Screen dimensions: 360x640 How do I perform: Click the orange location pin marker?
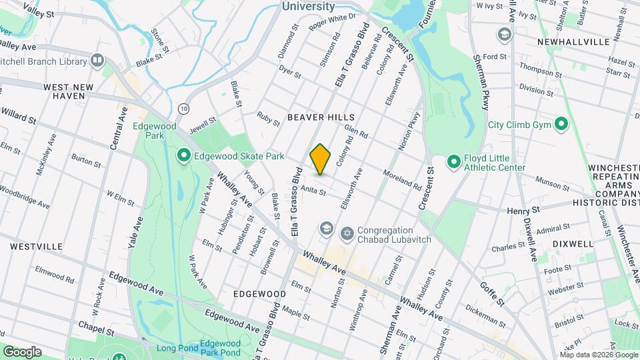[x=321, y=159]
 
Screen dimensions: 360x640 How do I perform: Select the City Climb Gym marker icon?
[x=561, y=124]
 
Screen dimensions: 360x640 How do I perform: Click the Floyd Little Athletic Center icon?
[x=454, y=162]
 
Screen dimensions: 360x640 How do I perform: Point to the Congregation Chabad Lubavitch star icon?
[x=346, y=233]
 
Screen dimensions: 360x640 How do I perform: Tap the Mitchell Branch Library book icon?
[x=98, y=61]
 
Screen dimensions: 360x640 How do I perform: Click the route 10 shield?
[x=183, y=107]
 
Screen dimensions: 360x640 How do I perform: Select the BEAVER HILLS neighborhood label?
[x=321, y=117]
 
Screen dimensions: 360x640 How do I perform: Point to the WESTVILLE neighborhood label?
[x=27, y=246]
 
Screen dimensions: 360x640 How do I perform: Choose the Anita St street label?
[x=313, y=191]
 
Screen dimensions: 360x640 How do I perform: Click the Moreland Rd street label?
[x=402, y=179]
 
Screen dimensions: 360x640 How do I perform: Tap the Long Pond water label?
[x=175, y=348]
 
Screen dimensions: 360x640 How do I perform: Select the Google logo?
[x=22, y=352]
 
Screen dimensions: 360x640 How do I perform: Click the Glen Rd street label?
[x=357, y=134]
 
